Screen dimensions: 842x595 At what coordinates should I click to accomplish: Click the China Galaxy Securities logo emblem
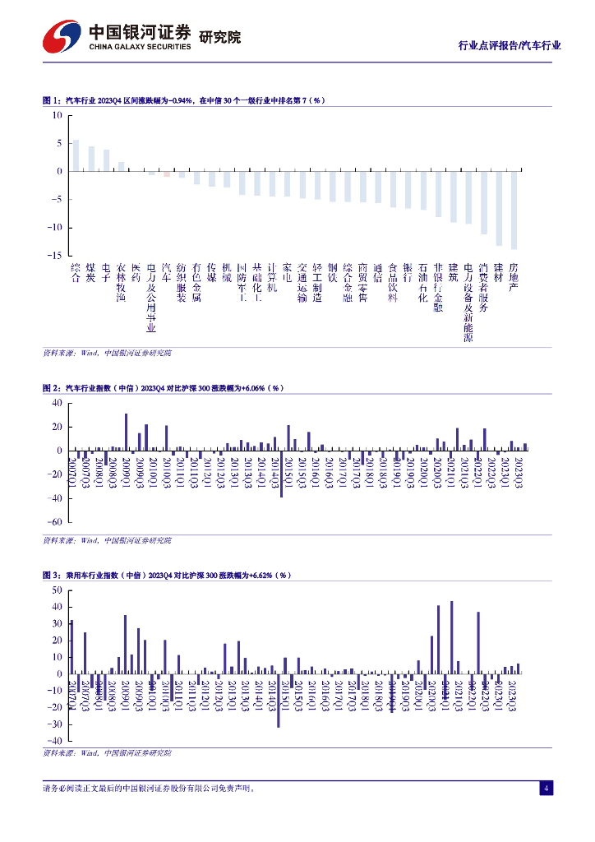(x=62, y=36)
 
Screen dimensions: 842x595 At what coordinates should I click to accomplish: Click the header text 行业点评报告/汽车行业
(x=510, y=46)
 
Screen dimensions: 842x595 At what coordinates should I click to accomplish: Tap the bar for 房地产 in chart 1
(x=514, y=210)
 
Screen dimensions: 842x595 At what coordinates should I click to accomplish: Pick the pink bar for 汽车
(x=166, y=173)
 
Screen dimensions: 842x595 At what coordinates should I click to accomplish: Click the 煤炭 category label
(x=91, y=273)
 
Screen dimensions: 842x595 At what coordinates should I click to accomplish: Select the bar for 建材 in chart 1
(x=499, y=208)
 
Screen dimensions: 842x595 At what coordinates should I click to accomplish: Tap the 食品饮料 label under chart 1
(x=393, y=283)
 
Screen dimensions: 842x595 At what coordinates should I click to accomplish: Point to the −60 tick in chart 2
(x=54, y=522)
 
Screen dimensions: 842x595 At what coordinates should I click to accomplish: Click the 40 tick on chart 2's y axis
(x=57, y=403)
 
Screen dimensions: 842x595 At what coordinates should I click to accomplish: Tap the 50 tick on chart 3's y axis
(x=57, y=590)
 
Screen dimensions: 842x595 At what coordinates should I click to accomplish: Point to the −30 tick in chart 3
(x=54, y=724)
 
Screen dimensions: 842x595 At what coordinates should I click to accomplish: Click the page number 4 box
(x=546, y=789)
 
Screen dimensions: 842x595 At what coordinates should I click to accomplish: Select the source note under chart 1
(x=107, y=353)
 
